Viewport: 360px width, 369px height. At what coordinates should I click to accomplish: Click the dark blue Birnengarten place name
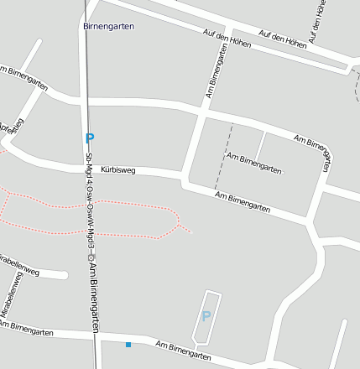[x=108, y=26]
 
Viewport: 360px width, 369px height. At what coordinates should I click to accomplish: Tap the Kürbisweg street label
[x=117, y=169]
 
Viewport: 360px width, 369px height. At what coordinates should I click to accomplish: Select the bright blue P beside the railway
[x=90, y=138]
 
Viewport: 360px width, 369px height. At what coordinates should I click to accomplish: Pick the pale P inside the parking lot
[x=206, y=316]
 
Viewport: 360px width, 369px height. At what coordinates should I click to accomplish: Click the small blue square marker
[x=128, y=345]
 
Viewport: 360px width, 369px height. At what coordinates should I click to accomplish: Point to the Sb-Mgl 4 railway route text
[x=89, y=202]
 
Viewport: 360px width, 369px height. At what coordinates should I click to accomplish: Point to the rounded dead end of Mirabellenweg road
[x=65, y=274]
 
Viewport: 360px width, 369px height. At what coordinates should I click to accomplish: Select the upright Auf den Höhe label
[x=316, y=21]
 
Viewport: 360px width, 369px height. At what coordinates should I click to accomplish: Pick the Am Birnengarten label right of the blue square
[x=182, y=351]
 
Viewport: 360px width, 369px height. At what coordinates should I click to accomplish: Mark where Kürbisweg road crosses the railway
[x=88, y=168]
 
